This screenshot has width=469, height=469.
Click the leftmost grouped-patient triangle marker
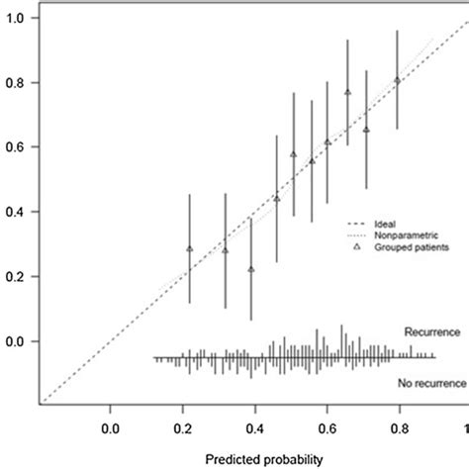[190, 249]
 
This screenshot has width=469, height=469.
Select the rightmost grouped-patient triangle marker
[397, 80]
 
